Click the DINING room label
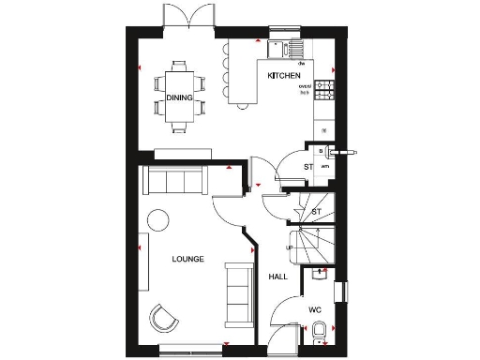coord(180,97)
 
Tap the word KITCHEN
coord(284,75)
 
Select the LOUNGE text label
coord(188,258)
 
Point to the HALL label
coord(277,277)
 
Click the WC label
coord(315,308)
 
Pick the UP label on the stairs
coord(289,247)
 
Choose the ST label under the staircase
coord(316,213)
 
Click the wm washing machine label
coord(324,167)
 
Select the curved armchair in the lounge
coord(166,318)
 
